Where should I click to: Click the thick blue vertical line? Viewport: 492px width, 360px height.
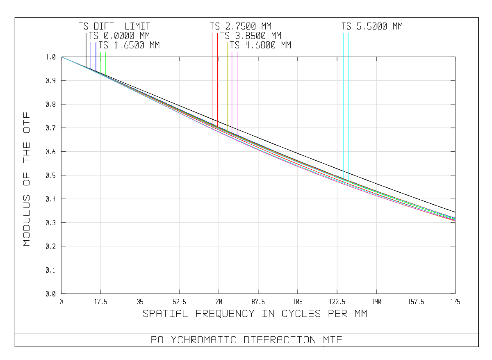point(96,57)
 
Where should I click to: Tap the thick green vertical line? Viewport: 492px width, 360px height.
point(106,64)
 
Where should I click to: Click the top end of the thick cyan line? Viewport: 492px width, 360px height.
point(344,33)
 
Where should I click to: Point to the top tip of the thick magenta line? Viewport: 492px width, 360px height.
point(232,52)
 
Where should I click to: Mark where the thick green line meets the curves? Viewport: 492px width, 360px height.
point(106,76)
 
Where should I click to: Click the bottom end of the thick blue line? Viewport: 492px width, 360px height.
point(96,72)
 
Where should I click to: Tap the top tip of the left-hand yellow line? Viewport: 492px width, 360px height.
point(222,42)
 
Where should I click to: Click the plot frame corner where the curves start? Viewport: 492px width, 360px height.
point(61,57)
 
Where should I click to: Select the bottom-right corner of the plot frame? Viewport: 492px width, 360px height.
point(455,294)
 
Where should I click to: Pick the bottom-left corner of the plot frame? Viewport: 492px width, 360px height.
point(61,294)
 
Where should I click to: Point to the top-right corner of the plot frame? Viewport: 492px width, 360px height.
point(455,57)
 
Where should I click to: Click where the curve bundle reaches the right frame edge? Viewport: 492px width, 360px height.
point(455,219)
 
